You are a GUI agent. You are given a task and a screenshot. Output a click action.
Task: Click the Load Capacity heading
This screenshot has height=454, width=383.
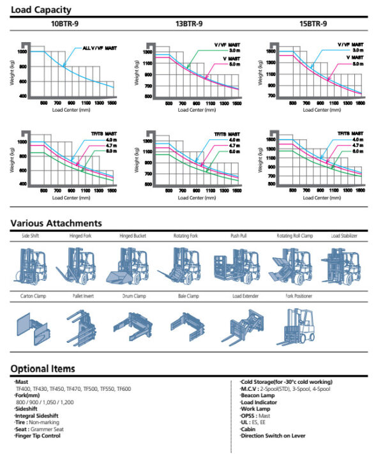pyautogui.click(x=41, y=10)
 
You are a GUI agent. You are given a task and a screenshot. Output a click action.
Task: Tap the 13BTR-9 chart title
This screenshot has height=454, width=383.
pyautogui.click(x=190, y=24)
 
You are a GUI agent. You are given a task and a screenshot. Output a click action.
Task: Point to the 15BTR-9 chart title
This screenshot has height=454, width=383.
pyautogui.click(x=313, y=24)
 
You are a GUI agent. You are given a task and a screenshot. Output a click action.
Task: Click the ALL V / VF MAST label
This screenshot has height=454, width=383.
pyautogui.click(x=100, y=48)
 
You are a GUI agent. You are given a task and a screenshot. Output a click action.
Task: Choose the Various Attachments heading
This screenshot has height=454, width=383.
pyautogui.click(x=56, y=223)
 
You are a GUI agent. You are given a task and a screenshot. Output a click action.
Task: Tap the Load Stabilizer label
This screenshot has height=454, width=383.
pyautogui.click(x=344, y=236)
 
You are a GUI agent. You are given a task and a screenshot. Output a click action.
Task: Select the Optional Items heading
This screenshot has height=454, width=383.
pyautogui.click(x=43, y=368)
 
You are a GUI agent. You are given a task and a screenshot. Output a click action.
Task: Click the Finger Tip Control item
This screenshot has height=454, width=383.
pyautogui.click(x=38, y=436)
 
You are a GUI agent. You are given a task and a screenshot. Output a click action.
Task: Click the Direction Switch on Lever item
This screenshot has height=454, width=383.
pyautogui.click(x=273, y=436)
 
